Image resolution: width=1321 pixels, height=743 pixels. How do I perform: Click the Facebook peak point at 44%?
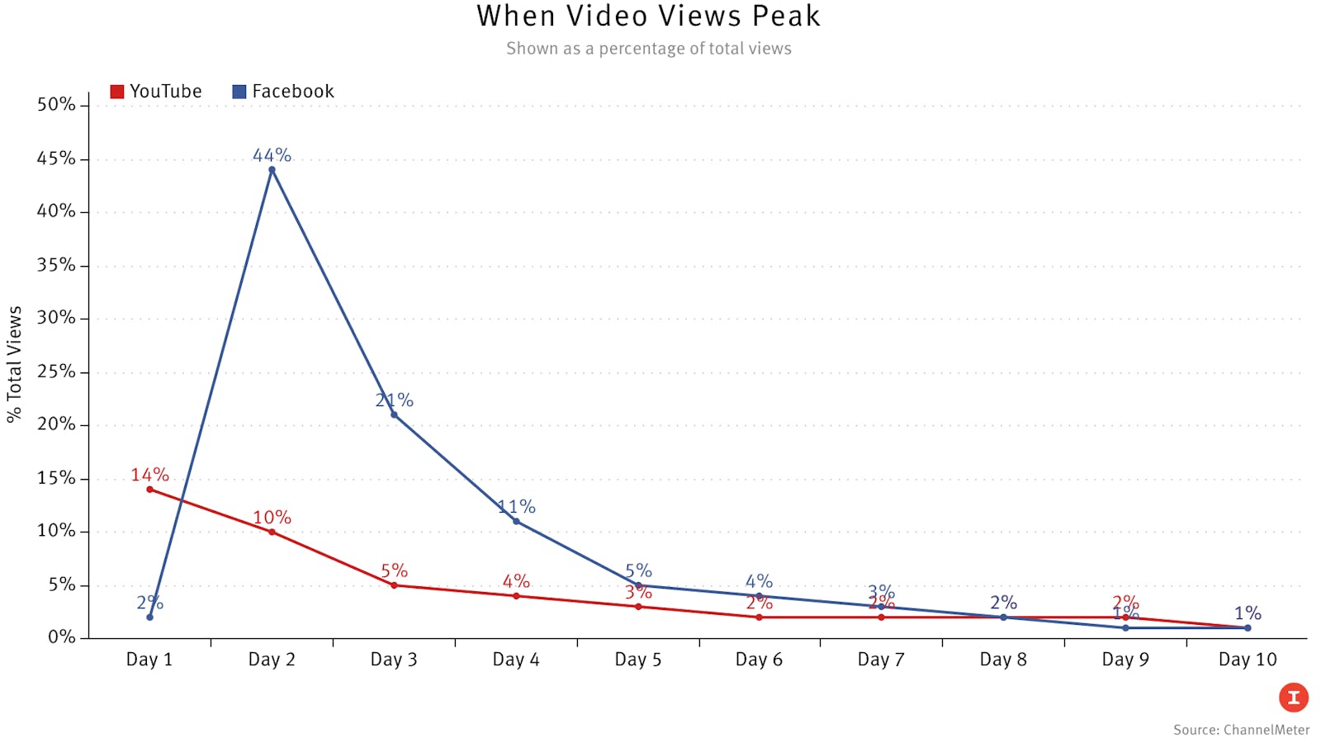pos(272,169)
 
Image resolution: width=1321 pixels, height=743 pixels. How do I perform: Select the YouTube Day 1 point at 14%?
pos(149,490)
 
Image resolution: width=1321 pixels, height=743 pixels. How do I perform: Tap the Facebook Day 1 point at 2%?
pos(149,617)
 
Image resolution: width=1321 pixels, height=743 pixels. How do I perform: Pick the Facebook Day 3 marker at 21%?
pos(394,414)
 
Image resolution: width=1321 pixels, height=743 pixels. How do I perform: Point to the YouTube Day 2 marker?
pos(272,532)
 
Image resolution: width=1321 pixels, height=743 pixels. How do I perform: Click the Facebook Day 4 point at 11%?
pos(516,521)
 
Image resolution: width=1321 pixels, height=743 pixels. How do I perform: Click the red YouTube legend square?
pos(117,92)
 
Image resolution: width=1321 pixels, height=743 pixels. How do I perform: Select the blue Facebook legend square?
pos(239,92)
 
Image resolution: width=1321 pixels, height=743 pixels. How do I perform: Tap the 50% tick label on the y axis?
pos(56,105)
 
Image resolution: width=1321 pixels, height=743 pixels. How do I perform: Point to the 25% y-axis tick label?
pos(56,371)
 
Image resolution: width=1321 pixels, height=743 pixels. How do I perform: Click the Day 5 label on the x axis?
pos(637,660)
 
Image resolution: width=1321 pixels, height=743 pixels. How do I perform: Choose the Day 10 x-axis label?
pos(1247,660)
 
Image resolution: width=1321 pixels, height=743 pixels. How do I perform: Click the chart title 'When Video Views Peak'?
pos(648,17)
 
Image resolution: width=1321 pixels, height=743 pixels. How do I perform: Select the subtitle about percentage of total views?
pos(648,49)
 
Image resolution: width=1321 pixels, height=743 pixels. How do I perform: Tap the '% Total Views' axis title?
pos(14,364)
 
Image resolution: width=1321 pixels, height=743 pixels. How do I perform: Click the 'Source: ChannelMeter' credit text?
pos(1241,730)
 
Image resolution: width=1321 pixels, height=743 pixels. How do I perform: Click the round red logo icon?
pos(1293,698)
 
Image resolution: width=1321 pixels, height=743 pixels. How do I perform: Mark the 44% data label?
pos(272,155)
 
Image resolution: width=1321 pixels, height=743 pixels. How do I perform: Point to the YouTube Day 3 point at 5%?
pos(394,585)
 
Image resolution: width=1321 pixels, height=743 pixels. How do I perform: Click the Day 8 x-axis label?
pos(1003,660)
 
